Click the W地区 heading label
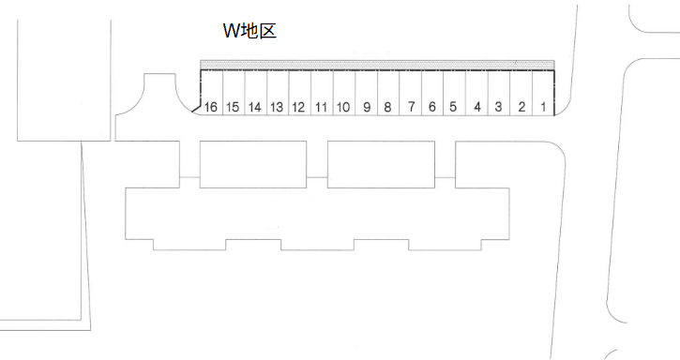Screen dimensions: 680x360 [x=249, y=31]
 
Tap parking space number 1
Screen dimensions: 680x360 [x=544, y=93]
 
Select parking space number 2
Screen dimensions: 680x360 [x=521, y=93]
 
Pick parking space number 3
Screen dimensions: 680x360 [x=499, y=93]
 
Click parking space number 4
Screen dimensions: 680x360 [x=477, y=93]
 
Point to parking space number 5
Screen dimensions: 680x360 [x=455, y=93]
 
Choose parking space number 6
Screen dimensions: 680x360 [x=432, y=93]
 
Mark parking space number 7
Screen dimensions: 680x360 [x=411, y=93]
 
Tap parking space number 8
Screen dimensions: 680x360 [x=388, y=93]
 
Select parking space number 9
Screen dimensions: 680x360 [x=367, y=93]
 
